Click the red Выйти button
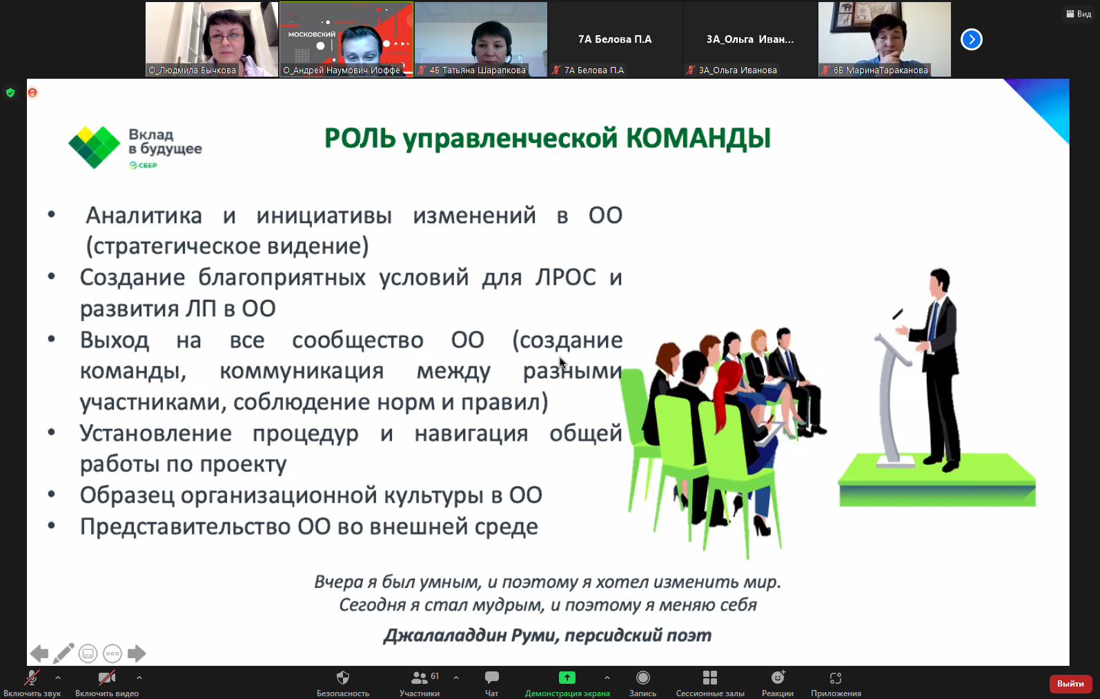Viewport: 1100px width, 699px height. pos(1070,684)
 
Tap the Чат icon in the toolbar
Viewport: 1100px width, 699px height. pos(491,678)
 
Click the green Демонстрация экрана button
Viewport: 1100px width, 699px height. pos(567,678)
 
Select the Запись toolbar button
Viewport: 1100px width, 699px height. pos(642,678)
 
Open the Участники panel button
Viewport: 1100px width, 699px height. pos(419,678)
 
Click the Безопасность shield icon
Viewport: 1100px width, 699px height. pos(343,678)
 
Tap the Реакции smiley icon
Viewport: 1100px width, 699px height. pos(778,678)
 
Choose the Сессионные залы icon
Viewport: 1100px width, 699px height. pos(709,678)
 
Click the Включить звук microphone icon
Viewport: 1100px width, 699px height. pos(31,678)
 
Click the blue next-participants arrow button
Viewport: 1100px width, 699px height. pos(971,39)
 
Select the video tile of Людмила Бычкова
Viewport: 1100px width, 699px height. pos(212,38)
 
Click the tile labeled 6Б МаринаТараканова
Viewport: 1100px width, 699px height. pos(884,38)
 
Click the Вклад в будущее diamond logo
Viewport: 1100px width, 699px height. pos(95,147)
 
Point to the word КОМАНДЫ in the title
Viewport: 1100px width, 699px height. pos(698,138)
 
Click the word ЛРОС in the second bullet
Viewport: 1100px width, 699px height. pos(565,278)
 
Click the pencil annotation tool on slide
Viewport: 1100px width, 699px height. pos(63,653)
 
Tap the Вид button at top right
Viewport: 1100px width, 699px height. pos(1079,14)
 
